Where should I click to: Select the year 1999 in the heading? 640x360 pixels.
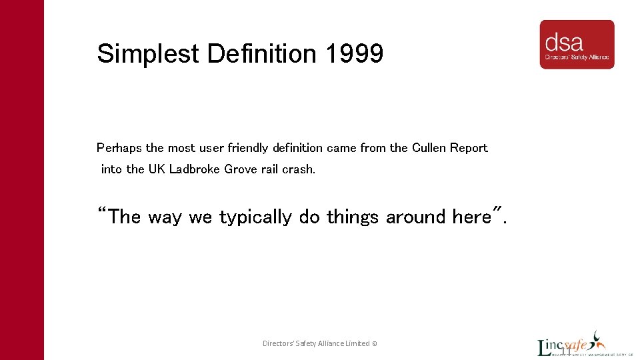tap(355, 54)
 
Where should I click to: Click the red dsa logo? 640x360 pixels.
tap(577, 45)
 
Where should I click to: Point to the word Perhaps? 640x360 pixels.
tap(119, 148)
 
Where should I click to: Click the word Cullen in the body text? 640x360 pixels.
tap(429, 148)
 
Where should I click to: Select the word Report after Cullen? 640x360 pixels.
tap(469, 148)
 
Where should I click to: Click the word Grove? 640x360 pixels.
tap(241, 169)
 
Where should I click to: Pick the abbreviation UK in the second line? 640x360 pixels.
tap(156, 169)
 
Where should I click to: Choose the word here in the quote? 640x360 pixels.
tap(471, 217)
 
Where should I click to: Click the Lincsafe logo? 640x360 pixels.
tap(572, 347)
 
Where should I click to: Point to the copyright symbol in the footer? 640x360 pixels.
tap(375, 344)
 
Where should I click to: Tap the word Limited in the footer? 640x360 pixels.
tap(357, 344)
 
